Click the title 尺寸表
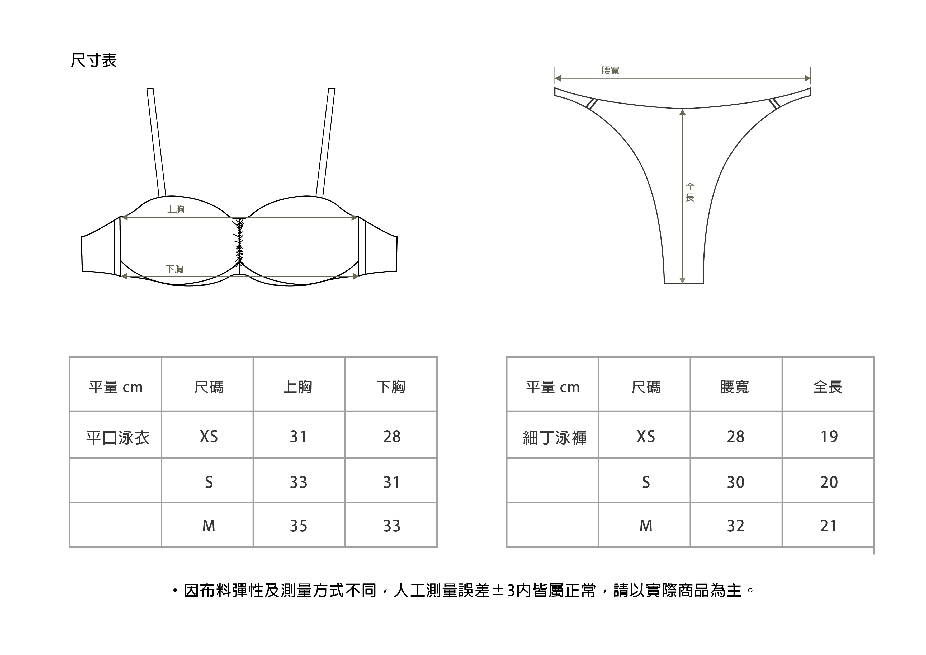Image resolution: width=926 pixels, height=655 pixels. pos(93,60)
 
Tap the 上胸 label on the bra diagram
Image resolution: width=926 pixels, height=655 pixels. pos(176,209)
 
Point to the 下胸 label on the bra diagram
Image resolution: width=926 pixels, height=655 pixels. pos(175,269)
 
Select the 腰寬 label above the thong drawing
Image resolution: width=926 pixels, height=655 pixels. pos(610,71)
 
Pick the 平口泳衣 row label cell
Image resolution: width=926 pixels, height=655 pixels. pos(117,437)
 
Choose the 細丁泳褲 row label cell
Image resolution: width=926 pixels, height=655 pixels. pos(555,437)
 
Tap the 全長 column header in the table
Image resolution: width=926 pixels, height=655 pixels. pos(828,387)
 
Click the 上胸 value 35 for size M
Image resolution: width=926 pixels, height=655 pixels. pos(299,526)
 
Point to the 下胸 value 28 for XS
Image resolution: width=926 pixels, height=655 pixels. pos(392,437)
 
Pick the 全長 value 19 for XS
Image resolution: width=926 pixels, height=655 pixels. pos(829,437)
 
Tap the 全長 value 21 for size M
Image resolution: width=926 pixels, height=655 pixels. pos(829,526)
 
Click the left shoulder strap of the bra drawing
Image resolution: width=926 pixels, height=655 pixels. pos(157,141)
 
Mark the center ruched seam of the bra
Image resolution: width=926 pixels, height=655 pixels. pos(240,242)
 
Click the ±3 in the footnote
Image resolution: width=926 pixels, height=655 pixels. pos(504,591)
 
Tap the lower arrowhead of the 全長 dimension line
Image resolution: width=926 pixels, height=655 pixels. pos(682,280)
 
